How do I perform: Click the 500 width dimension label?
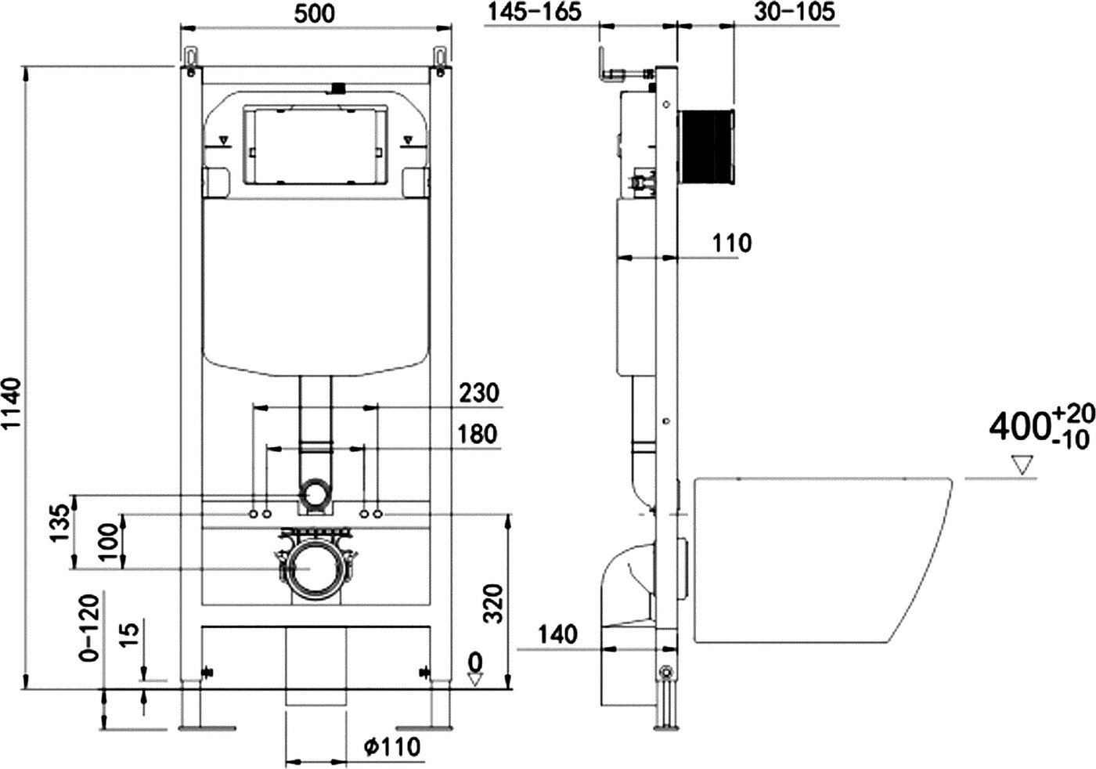click(315, 14)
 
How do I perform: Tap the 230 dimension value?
click(479, 392)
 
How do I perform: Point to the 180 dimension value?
click(478, 434)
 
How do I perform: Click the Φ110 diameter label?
click(392, 746)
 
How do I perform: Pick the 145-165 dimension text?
click(535, 12)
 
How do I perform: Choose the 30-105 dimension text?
click(795, 12)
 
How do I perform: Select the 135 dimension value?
click(60, 523)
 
